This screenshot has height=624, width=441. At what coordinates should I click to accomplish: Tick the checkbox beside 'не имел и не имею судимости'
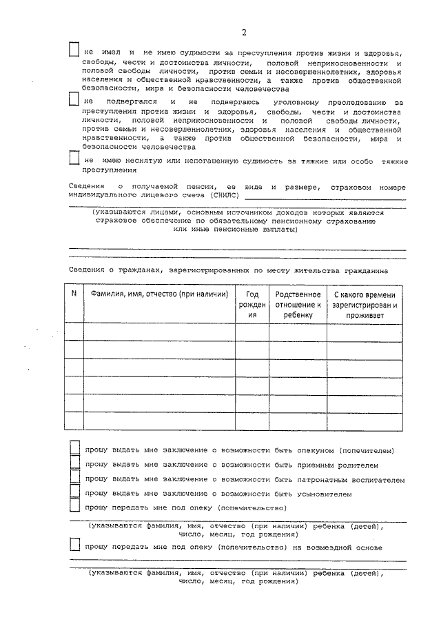point(75,50)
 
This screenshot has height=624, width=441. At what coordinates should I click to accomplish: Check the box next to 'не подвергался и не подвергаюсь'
point(75,101)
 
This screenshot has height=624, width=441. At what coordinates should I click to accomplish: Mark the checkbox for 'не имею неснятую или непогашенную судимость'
point(75,159)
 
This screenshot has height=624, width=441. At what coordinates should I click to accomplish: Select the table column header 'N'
point(74,293)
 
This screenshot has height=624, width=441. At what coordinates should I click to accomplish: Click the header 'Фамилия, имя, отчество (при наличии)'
point(159,294)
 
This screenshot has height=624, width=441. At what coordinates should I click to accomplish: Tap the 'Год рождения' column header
point(252,303)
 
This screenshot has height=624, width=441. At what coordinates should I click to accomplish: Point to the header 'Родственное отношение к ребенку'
point(298,303)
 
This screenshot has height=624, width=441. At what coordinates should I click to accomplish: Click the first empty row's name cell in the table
point(159,332)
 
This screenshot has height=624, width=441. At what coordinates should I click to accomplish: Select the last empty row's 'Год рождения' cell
point(252,421)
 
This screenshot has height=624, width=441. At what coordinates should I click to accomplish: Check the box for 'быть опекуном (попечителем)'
point(75,449)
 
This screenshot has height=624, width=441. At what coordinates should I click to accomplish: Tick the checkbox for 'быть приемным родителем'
point(75,463)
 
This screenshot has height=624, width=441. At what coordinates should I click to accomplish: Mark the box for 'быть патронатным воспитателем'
point(75,478)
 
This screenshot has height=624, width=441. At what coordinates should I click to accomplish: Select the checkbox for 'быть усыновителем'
point(75,492)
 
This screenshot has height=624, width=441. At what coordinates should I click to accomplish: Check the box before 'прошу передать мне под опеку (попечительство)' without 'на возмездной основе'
point(75,507)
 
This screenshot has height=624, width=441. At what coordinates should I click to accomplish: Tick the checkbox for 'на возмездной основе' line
point(75,545)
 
